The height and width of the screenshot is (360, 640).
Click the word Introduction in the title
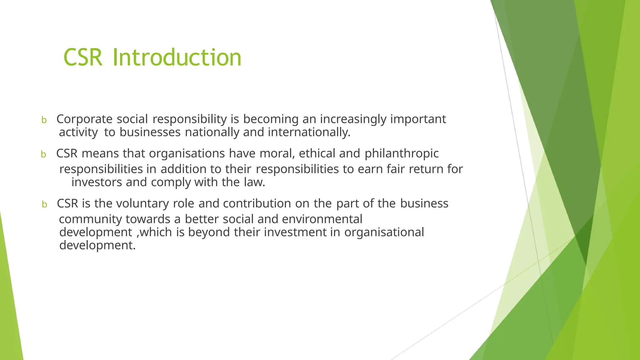(x=177, y=57)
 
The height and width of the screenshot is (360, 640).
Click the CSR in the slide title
(x=83, y=57)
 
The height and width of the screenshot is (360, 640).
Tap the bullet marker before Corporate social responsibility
(x=44, y=120)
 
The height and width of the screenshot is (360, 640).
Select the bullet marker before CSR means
(x=43, y=154)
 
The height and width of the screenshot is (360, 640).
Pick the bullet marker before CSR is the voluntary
(x=44, y=204)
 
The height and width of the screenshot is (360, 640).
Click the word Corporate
(x=84, y=119)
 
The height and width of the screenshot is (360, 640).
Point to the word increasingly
(x=353, y=119)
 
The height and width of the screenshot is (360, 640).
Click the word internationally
(x=309, y=132)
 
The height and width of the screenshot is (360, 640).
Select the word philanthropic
(x=402, y=154)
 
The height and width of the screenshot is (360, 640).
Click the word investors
(x=97, y=182)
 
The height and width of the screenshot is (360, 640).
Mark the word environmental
(x=322, y=219)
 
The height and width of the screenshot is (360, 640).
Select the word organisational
(x=384, y=232)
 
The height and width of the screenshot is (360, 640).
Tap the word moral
(x=277, y=153)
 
